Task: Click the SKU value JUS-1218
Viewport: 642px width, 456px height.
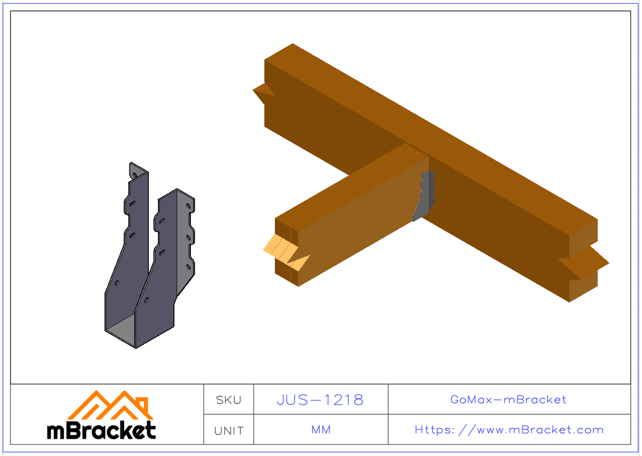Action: (x=320, y=399)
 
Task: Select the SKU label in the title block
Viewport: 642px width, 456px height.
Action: (x=228, y=400)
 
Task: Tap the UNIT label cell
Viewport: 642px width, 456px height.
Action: (x=228, y=430)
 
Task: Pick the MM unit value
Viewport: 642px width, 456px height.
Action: (x=320, y=430)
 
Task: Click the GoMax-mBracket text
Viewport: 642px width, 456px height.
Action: (x=508, y=399)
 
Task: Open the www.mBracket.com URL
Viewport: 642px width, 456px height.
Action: (x=509, y=430)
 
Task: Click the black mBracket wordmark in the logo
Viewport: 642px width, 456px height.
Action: (x=101, y=430)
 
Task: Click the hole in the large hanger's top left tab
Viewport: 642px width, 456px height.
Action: (x=134, y=172)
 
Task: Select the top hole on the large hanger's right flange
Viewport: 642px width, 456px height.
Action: (x=188, y=205)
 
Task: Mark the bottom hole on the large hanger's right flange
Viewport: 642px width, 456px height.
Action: (x=188, y=266)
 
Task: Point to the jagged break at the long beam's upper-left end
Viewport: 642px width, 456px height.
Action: (x=263, y=94)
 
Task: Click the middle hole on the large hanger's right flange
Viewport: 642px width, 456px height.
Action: (x=188, y=236)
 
